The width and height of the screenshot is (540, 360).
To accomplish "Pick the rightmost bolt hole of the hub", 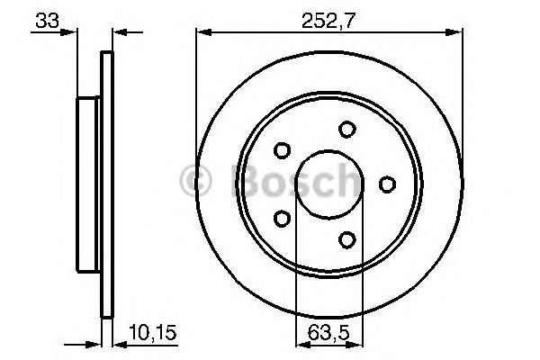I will pyautogui.click(x=387, y=184).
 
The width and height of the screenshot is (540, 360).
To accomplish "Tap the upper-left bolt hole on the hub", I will pyautogui.click(x=283, y=150).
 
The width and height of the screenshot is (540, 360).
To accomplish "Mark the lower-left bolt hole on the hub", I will pyautogui.click(x=283, y=219).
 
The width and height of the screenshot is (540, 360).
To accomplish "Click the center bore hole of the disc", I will pyautogui.click(x=329, y=184).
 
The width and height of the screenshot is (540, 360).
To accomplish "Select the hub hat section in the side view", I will pyautogui.click(x=88, y=184).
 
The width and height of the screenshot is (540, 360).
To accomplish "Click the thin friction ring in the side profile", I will pyautogui.click(x=108, y=184).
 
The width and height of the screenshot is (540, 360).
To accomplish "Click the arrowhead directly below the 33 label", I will pyautogui.click(x=69, y=33).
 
